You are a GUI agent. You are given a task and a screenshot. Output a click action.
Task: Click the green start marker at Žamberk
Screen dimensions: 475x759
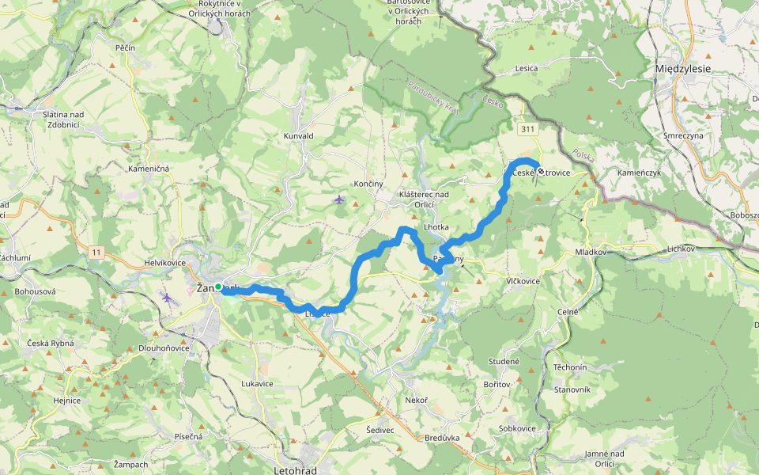click(x=218, y=287)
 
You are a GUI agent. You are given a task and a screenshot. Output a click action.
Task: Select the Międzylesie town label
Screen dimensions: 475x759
click(x=683, y=69)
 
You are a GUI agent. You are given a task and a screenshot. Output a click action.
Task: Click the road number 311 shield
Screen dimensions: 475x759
click(x=527, y=128)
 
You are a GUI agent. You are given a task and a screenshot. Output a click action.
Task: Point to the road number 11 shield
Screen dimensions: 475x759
click(x=96, y=252)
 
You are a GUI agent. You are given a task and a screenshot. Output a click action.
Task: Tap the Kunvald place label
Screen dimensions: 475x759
click(x=299, y=136)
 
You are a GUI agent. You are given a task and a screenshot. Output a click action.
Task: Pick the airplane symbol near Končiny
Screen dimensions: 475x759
click(x=339, y=199)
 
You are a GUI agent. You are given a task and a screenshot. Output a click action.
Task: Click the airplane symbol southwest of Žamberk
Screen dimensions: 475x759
click(x=167, y=297)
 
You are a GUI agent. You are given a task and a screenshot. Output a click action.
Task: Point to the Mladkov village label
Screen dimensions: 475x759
click(x=591, y=252)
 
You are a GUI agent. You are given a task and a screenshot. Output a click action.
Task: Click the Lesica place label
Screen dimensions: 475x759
click(x=526, y=68)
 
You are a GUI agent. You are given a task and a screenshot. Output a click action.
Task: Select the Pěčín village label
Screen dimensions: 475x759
click(x=125, y=48)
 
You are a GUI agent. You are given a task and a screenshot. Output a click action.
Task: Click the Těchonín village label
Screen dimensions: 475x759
click(x=570, y=368)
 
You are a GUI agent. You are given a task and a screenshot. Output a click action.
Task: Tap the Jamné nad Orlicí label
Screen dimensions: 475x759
click(x=605, y=458)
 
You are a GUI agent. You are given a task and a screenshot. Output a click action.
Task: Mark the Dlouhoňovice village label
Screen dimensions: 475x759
click(x=164, y=347)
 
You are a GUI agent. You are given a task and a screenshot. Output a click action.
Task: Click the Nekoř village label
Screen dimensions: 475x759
click(x=416, y=400)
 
